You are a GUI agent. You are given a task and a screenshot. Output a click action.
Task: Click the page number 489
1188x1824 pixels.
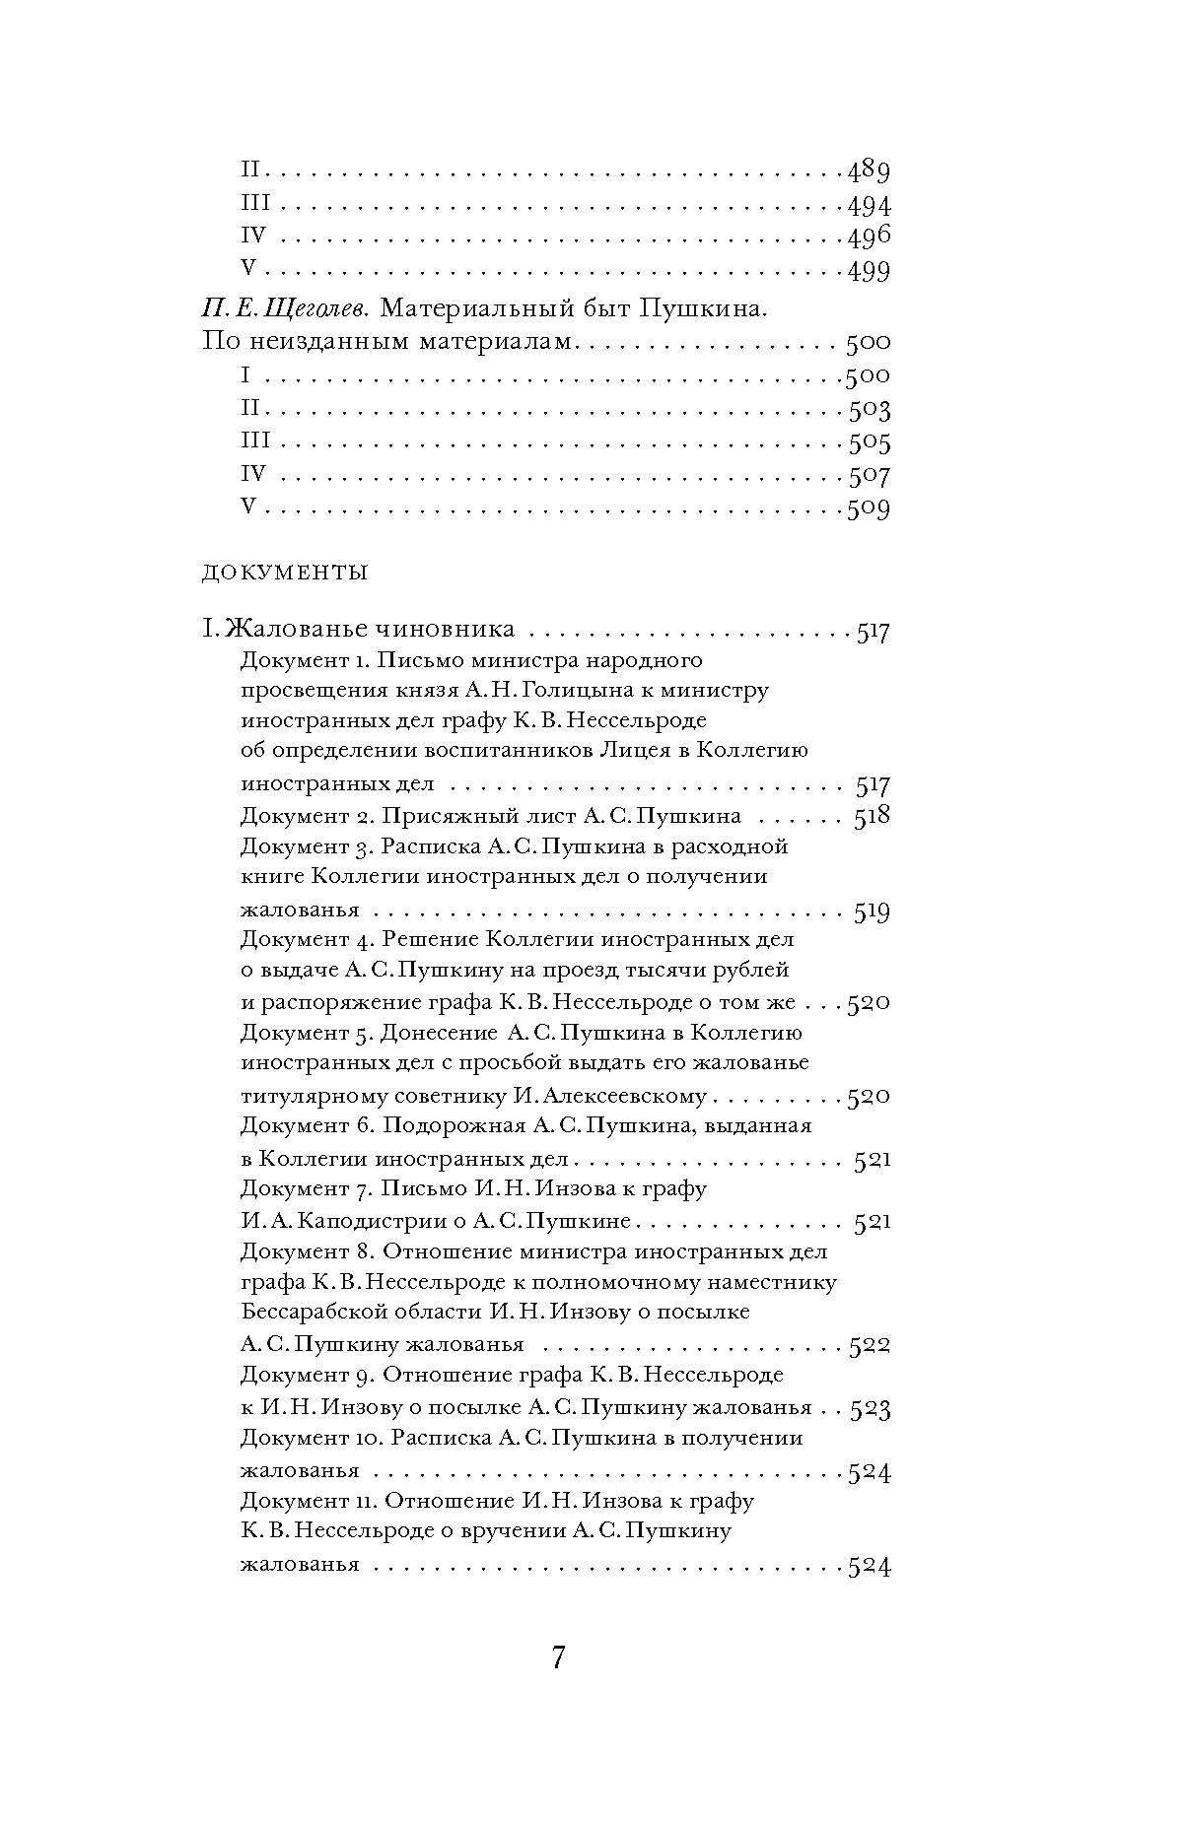click(x=869, y=171)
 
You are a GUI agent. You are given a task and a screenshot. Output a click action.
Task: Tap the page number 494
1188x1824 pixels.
click(x=869, y=205)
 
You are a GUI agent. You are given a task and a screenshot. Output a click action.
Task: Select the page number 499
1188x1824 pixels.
click(x=869, y=271)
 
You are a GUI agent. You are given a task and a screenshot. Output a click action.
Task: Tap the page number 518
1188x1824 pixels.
click(x=872, y=816)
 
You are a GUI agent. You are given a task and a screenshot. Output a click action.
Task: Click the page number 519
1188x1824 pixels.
click(x=872, y=912)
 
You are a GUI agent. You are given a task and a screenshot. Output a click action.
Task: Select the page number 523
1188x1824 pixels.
click(x=871, y=1408)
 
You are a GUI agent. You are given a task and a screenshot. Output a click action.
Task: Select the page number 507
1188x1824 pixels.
click(x=869, y=476)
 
